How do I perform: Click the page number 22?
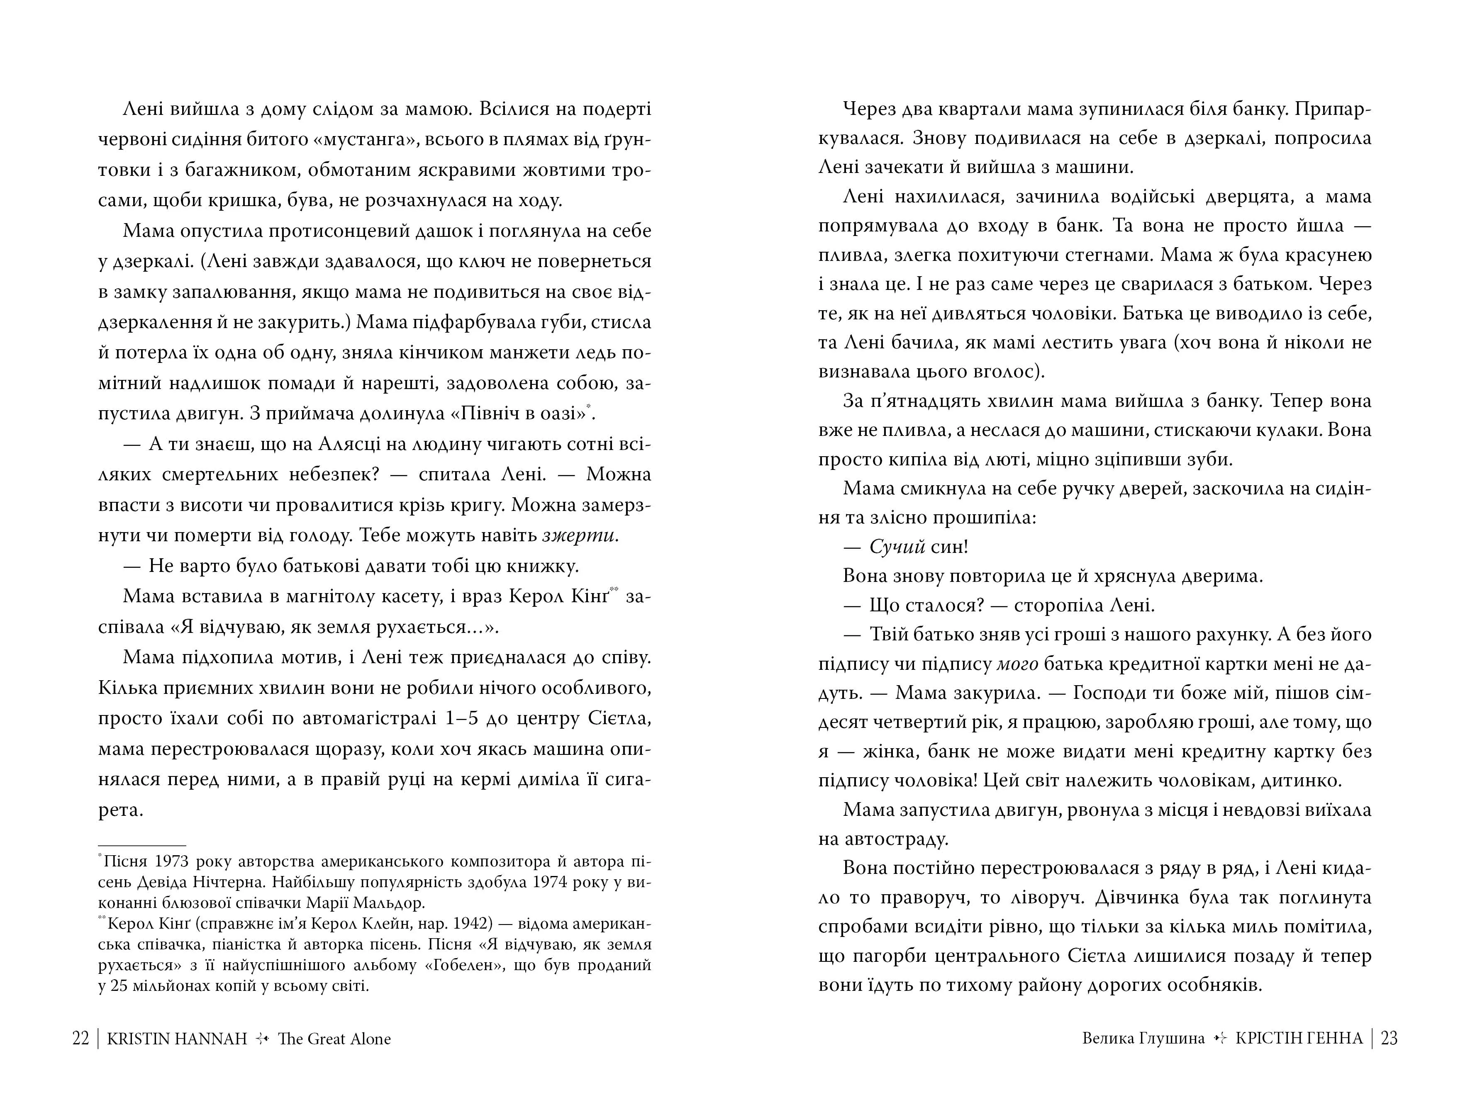point(80,1038)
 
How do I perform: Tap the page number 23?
point(1389,1038)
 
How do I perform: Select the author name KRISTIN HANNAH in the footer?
point(177,1038)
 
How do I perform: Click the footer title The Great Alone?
point(334,1038)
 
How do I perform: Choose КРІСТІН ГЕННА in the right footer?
point(1299,1038)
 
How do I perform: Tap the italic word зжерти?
point(580,535)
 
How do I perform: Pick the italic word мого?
point(1020,664)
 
